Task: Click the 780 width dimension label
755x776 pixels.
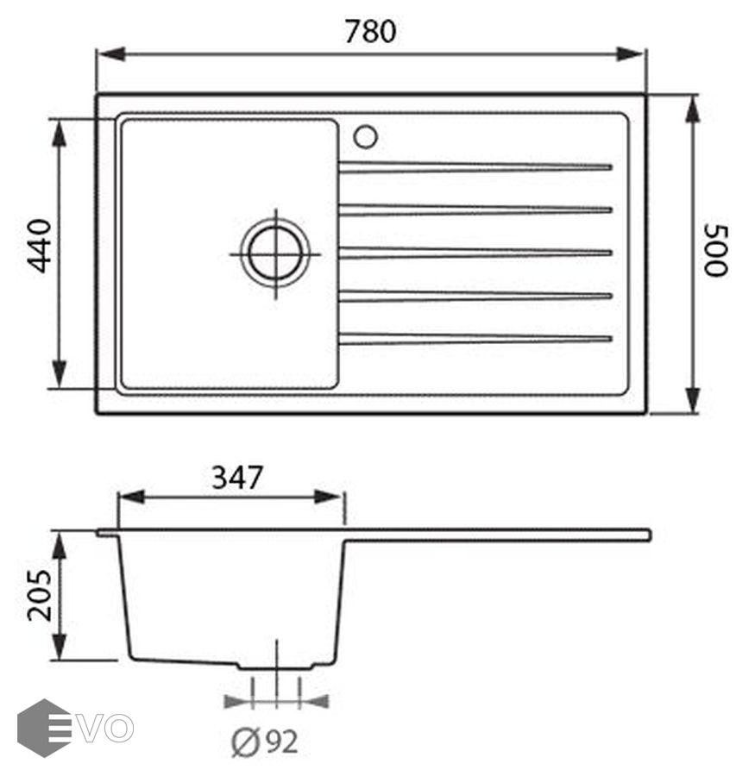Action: (x=370, y=31)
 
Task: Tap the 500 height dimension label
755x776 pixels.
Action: (x=716, y=250)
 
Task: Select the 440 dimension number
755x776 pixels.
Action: (x=39, y=246)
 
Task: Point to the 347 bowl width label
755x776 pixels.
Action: (x=236, y=478)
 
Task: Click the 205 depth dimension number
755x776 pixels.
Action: (x=39, y=595)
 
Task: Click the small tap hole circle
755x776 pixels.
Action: (x=366, y=136)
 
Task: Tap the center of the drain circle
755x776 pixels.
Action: (x=275, y=254)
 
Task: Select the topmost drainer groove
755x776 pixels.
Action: (x=475, y=166)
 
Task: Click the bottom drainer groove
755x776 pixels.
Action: (x=475, y=339)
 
